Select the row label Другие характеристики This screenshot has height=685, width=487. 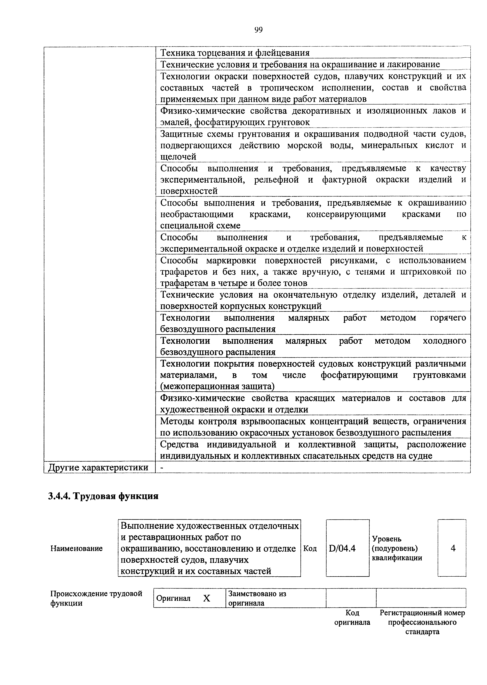tap(99, 467)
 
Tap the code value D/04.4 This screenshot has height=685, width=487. tap(342, 549)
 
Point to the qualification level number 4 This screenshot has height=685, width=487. tap(453, 548)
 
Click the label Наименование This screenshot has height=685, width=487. tap(76, 549)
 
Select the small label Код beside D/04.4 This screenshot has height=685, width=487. tap(310, 549)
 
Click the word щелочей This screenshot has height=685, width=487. tap(178, 157)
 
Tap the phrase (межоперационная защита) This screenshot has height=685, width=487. tap(217, 386)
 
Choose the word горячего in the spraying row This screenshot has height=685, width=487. tap(448, 318)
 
